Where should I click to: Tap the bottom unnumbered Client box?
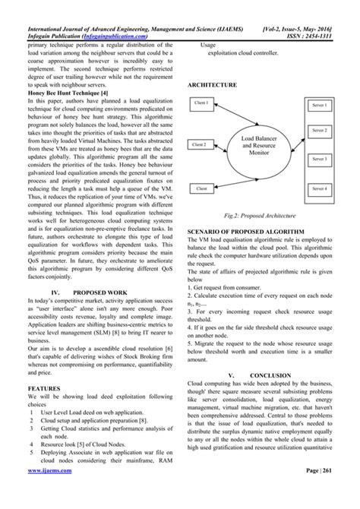[x=201, y=187]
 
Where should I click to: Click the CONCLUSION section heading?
[x=270, y=375]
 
